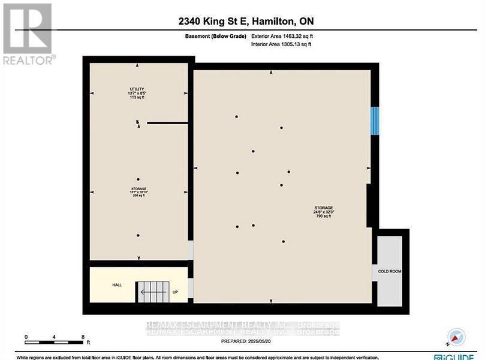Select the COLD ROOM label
[390, 271]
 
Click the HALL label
[117, 284]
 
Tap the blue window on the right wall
[375, 121]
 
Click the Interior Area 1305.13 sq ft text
[281, 44]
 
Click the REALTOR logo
[28, 34]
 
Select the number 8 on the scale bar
[83, 337]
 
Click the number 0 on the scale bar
[26, 337]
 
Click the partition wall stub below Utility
[167, 123]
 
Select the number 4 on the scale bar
[54, 337]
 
